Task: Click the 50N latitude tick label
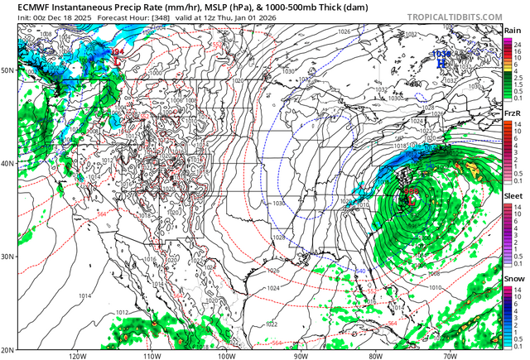click(7, 70)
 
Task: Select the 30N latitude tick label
click(7, 257)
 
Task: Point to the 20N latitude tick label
click(7, 348)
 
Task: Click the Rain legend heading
click(513, 31)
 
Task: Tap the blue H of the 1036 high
click(441, 62)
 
